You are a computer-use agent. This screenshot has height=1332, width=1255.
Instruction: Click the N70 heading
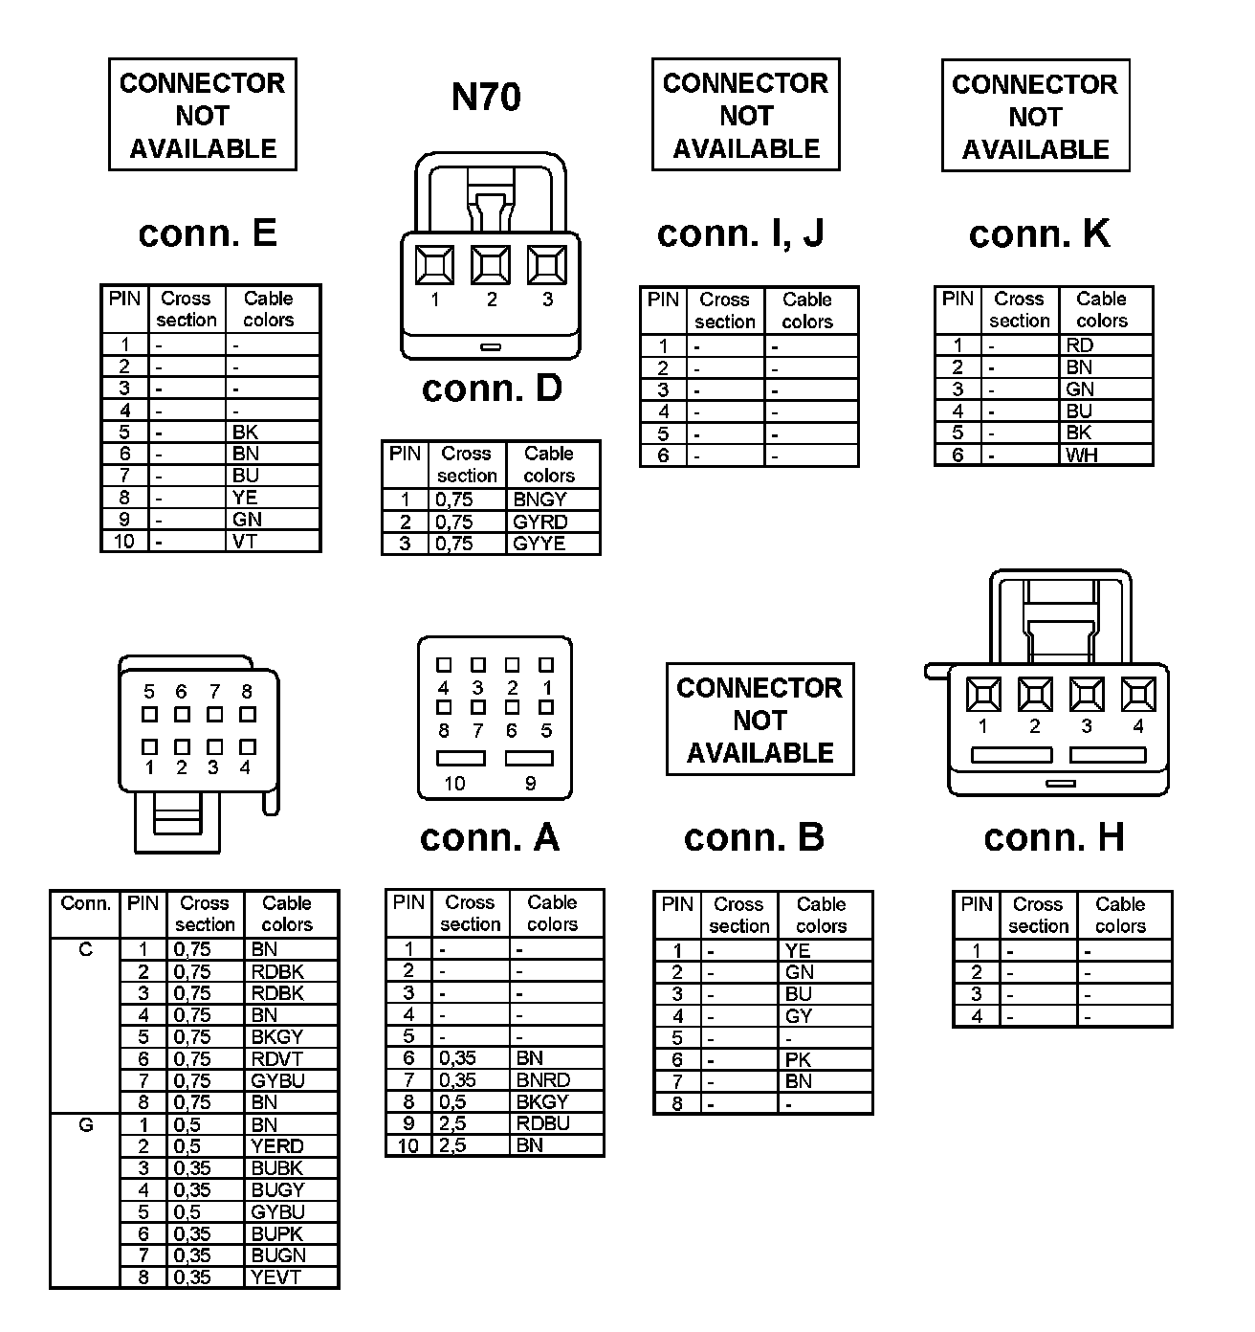click(486, 98)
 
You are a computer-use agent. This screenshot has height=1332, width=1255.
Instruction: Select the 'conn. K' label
click(1039, 233)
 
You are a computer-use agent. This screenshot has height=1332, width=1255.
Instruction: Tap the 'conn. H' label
click(1053, 837)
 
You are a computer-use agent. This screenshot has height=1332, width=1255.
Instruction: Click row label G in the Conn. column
click(86, 1125)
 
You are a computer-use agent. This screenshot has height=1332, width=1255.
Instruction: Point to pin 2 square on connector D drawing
click(491, 264)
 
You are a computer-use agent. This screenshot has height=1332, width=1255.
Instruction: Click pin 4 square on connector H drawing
click(1138, 694)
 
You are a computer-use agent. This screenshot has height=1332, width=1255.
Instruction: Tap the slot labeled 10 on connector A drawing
click(461, 759)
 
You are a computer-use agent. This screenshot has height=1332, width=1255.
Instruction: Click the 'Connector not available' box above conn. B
click(760, 720)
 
